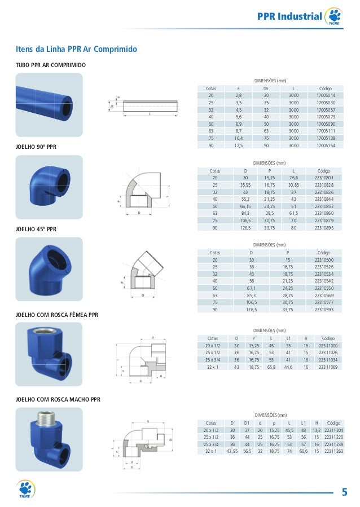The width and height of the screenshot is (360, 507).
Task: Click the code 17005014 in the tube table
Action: pyautogui.click(x=326, y=96)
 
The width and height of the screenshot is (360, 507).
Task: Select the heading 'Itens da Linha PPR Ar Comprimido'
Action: pyautogui.click(x=76, y=50)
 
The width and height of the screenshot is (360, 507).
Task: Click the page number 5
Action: pyautogui.click(x=344, y=492)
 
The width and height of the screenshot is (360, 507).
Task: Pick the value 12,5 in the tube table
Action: pyautogui.click(x=239, y=146)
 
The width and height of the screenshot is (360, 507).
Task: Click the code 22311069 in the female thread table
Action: pyautogui.click(x=328, y=367)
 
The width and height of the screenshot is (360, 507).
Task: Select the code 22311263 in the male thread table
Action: pyautogui.click(x=333, y=451)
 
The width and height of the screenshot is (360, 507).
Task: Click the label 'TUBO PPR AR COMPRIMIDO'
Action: pyautogui.click(x=50, y=66)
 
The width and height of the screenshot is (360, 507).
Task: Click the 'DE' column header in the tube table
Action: pyautogui.click(x=266, y=89)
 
